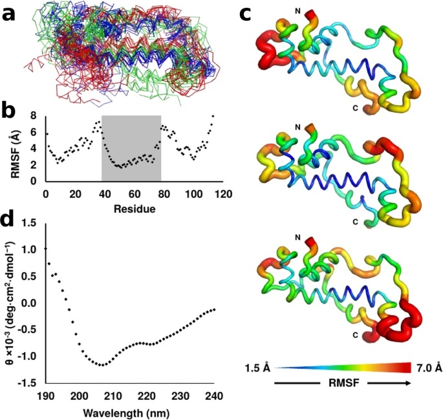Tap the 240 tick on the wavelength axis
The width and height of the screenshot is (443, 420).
click(x=214, y=396)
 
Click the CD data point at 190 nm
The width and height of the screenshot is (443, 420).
click(x=45, y=249)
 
